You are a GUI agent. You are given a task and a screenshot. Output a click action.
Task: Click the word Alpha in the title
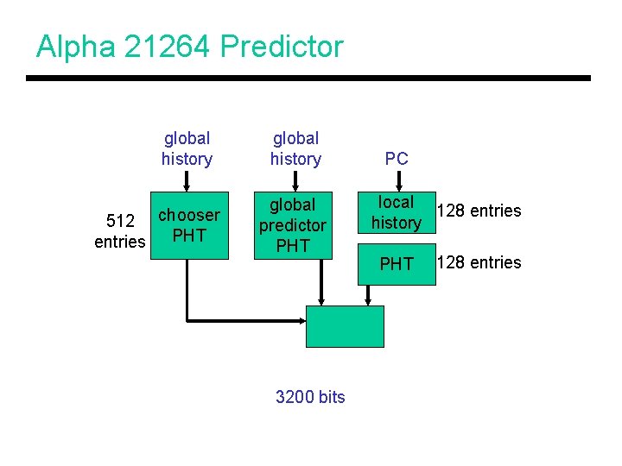[x=75, y=47]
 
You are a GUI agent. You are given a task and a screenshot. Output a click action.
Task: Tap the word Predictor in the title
[x=282, y=47]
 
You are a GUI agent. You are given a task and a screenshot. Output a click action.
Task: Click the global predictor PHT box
[x=293, y=225]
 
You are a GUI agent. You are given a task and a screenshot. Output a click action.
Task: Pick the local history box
[x=397, y=212]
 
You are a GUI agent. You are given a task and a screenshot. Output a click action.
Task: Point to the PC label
[x=397, y=159]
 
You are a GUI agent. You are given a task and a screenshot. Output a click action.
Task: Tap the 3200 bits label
[x=310, y=397]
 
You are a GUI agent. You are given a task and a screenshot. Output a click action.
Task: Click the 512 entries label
[x=119, y=231]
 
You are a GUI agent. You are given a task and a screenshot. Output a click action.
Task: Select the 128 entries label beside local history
[x=479, y=211]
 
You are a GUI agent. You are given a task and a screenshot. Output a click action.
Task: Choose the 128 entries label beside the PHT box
[x=479, y=262]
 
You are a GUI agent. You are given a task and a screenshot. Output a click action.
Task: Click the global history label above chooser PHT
[x=187, y=148]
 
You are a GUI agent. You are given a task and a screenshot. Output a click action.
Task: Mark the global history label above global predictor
[x=295, y=148]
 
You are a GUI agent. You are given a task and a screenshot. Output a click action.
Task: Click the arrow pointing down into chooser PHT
[x=186, y=181]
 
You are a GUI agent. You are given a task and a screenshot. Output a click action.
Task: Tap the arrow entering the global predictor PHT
[x=295, y=181]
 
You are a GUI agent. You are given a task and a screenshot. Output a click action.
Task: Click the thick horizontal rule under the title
[x=308, y=79]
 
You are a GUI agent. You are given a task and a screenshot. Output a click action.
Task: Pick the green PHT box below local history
[x=397, y=264]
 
